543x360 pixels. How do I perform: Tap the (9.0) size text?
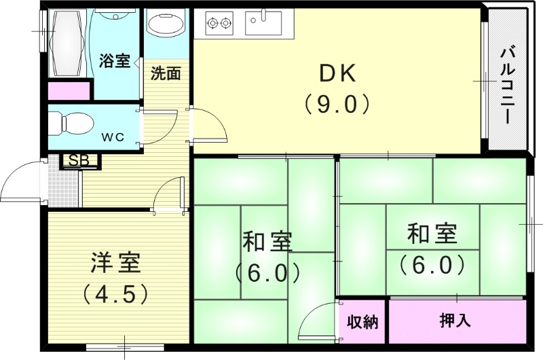point(336,103)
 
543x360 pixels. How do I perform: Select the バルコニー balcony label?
point(506,84)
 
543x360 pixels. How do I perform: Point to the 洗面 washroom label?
point(165,73)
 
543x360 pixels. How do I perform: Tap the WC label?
point(113,137)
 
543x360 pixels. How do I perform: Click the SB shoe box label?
point(80,161)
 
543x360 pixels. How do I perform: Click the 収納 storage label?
point(362,321)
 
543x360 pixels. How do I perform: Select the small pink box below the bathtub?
point(69,90)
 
